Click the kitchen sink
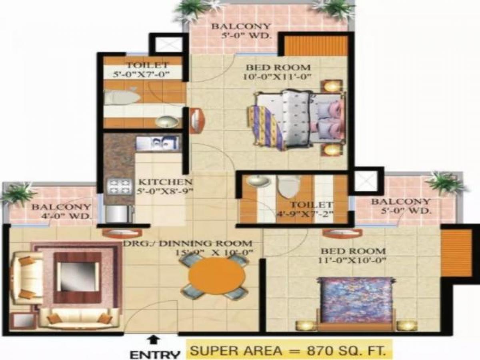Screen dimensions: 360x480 coord(158,143)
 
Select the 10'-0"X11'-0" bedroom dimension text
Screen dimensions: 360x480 coord(278,77)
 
